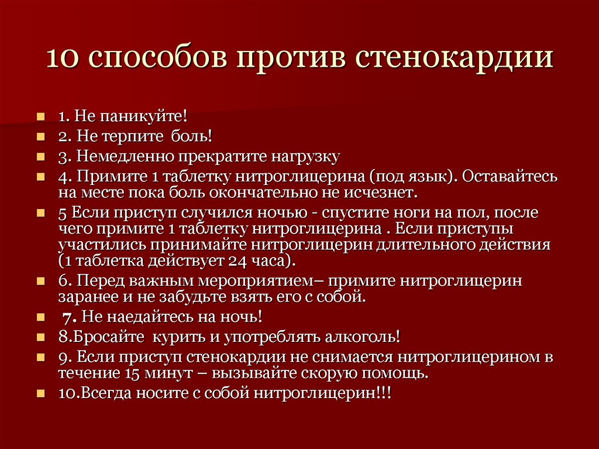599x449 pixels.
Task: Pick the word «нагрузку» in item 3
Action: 304,157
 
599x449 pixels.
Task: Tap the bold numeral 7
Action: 67,317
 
